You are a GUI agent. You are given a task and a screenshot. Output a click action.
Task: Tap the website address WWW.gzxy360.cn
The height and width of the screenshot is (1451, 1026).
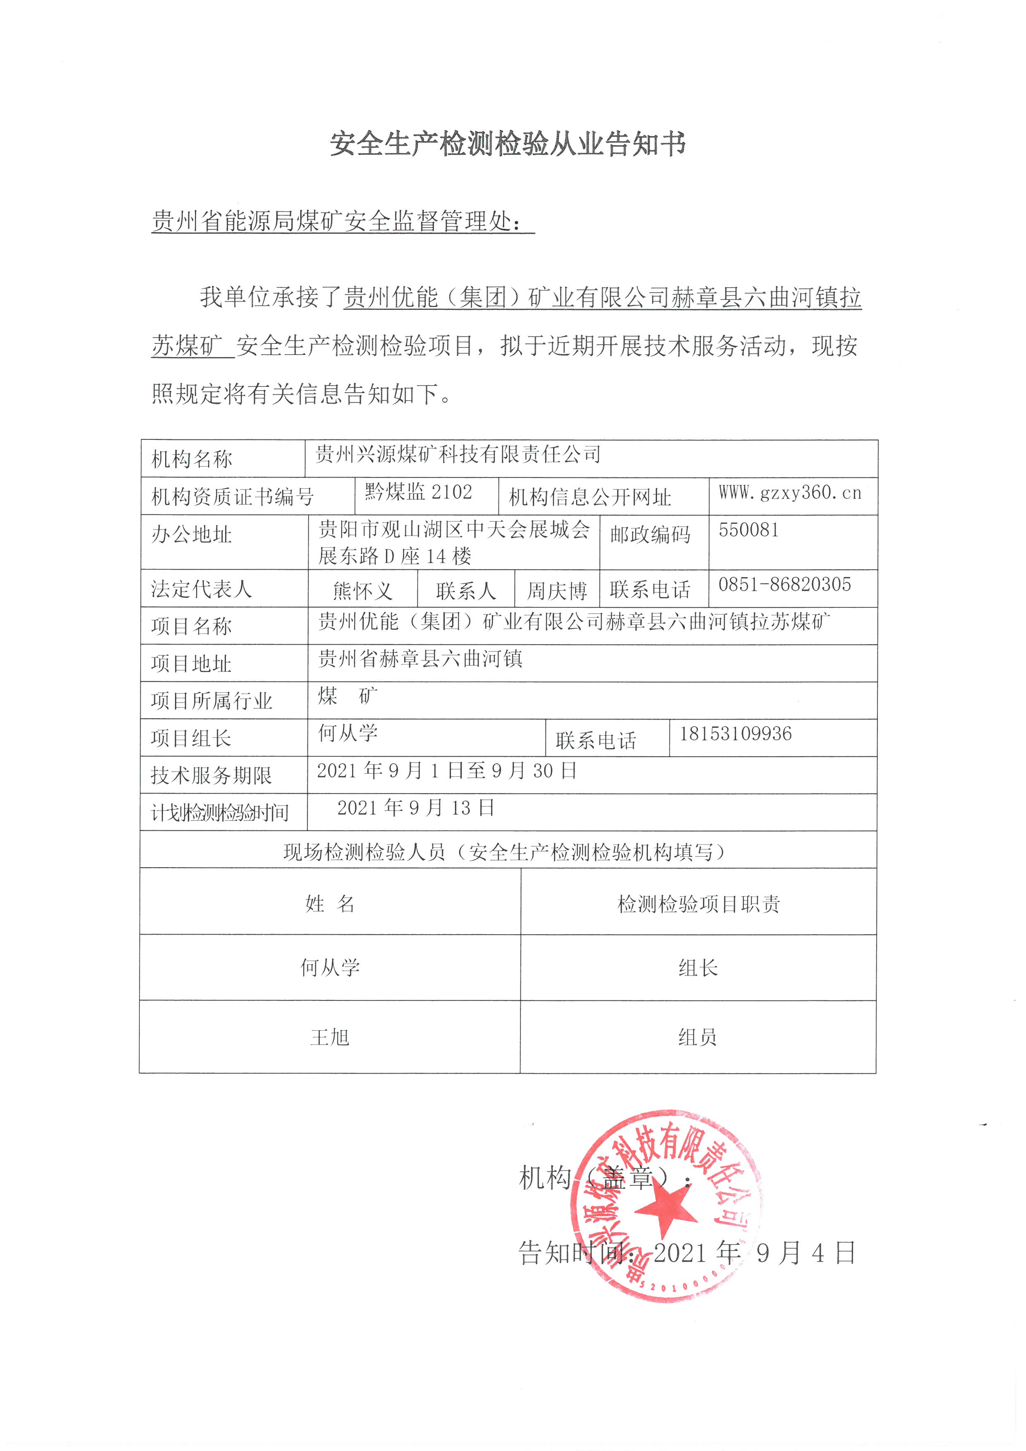point(790,492)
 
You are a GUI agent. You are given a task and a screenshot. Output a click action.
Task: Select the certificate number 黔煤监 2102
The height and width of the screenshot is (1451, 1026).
point(418,492)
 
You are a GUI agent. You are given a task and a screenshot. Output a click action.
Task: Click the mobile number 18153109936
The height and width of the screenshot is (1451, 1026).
point(736,734)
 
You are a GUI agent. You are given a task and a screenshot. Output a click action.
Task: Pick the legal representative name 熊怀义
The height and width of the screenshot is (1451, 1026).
point(363,591)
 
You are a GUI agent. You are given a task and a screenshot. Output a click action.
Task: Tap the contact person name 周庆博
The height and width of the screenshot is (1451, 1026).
point(556,591)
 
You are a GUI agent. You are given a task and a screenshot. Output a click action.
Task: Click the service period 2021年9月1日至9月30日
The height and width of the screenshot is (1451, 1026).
point(446,770)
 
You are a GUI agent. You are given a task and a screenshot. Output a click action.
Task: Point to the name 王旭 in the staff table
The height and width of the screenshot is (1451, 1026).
point(329,1037)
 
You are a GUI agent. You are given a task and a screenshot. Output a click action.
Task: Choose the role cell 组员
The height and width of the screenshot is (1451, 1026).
point(698,1037)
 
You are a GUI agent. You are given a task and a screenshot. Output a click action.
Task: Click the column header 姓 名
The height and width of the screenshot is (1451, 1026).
point(329,904)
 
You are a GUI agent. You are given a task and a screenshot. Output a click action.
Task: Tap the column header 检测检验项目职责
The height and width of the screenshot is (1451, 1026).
point(698,904)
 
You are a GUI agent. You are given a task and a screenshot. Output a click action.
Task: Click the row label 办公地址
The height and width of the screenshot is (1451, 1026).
point(192,535)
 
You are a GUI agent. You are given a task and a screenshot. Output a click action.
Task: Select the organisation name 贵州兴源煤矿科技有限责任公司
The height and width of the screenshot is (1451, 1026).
point(458,454)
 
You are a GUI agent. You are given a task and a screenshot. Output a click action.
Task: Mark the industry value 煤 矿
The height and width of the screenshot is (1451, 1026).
point(348,696)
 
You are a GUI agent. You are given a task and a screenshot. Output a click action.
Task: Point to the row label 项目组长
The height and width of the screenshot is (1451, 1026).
point(192,738)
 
